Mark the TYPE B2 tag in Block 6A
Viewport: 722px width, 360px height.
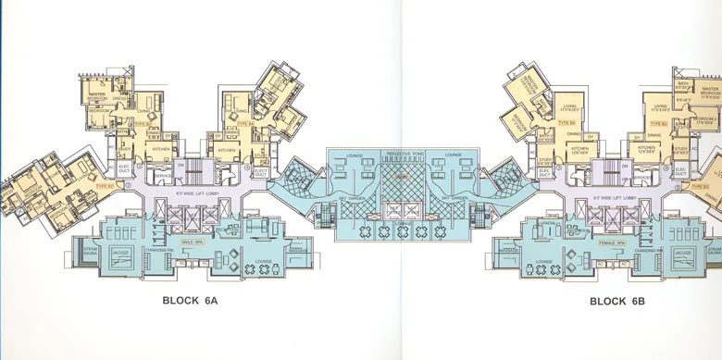[x=142, y=122]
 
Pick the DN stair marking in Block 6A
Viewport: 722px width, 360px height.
[x=181, y=166]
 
